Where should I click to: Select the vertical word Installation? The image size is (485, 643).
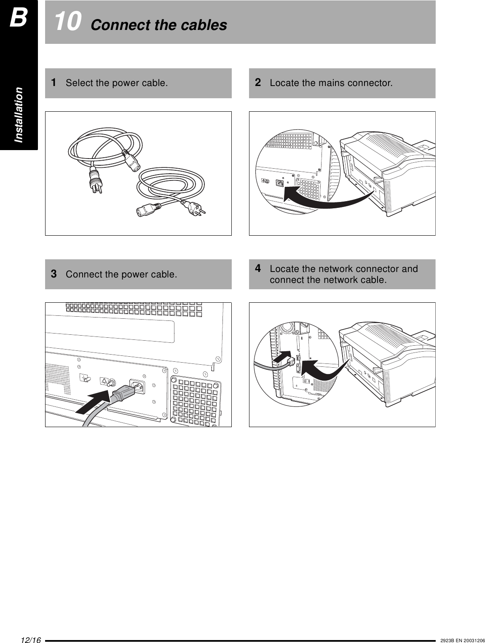click(19, 115)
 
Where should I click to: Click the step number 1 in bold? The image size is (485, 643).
click(54, 82)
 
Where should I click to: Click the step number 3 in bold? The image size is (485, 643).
click(54, 274)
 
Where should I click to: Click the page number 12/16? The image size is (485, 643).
click(30, 640)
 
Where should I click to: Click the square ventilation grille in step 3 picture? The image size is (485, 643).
click(196, 400)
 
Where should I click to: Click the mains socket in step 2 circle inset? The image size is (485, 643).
click(279, 183)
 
